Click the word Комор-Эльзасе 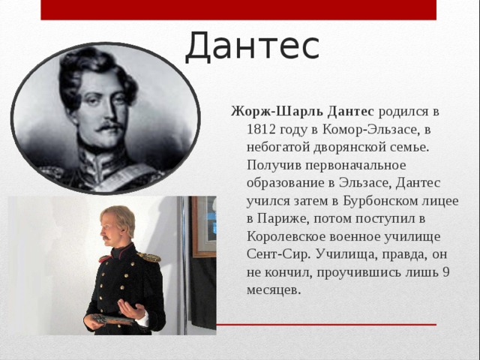[370, 130]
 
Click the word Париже [283, 219]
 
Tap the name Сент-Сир [278, 254]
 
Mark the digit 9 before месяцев [445, 271]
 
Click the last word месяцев [274, 290]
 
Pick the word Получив [273, 165]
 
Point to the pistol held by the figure [112, 319]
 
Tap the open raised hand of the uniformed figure [131, 308]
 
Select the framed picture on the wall [204, 226]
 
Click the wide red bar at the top [238, 10]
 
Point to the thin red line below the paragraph [326, 325]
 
